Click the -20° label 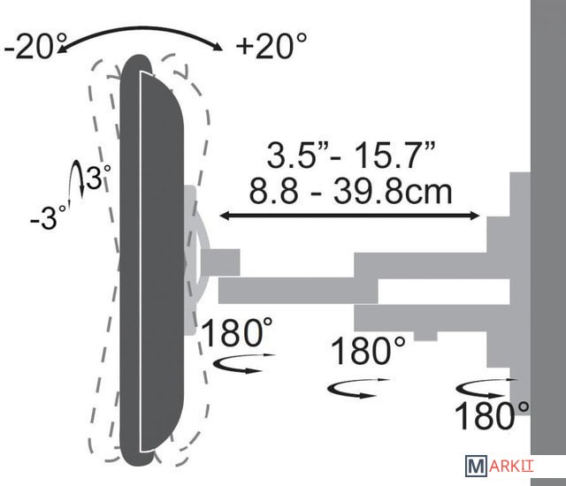pos(35,46)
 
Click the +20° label pos(272,45)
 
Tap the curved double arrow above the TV pos(140,30)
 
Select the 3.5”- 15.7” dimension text pos(350,155)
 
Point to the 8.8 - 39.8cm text pos(350,191)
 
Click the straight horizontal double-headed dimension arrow pos(349,216)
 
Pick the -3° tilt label pos(49,217)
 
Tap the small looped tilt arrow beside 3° pos(77,180)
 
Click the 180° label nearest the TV pos(236,331)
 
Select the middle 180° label pos(368,350)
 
